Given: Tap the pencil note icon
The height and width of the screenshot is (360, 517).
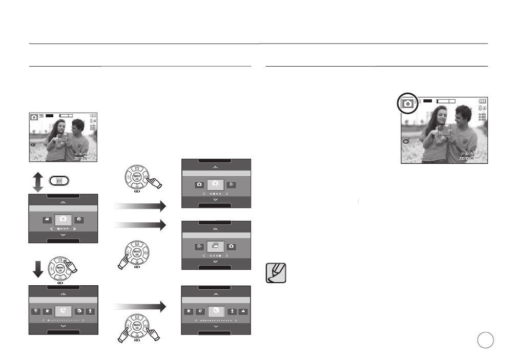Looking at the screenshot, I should (276, 273).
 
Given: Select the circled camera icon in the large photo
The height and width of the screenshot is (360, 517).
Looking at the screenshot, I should (407, 103).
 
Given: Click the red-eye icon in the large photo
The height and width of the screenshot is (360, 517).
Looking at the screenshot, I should (406, 141).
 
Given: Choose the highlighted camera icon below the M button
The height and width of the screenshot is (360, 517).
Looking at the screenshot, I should (63, 219).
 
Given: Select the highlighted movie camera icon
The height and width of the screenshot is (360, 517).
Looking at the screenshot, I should (216, 246).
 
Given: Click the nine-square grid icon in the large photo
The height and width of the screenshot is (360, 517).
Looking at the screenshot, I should (482, 117).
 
